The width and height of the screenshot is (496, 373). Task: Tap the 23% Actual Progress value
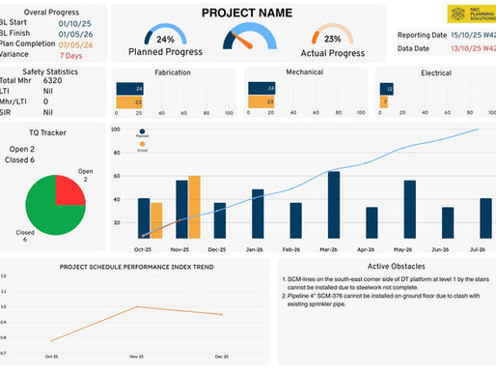333,40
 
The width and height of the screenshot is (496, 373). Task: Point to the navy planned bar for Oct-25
144,217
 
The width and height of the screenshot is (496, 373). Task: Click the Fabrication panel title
173,72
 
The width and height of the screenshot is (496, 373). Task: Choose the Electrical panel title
436,72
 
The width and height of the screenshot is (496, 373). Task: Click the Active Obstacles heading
385,266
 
